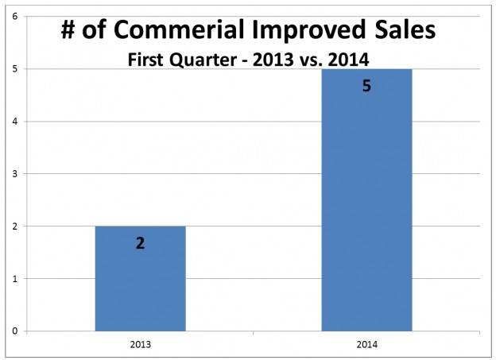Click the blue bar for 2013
[x=140, y=278]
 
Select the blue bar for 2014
[x=366, y=199]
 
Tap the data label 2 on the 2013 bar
[x=140, y=243]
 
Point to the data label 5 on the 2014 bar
[x=366, y=86]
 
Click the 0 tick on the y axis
[x=15, y=331]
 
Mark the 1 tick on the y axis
[x=15, y=278]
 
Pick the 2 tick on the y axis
[x=15, y=226]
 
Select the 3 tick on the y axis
[x=15, y=173]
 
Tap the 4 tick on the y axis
[x=15, y=121]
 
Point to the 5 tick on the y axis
[x=15, y=68]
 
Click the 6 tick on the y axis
[x=15, y=16]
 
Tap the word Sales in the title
[x=404, y=33]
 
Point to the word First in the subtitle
[x=146, y=60]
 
